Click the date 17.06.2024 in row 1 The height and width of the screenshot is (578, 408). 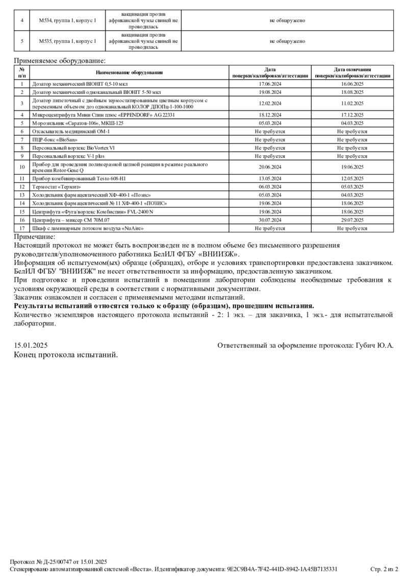coord(270,84)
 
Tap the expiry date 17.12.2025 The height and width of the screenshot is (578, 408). coord(352,115)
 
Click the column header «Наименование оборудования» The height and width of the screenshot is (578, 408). coord(129,73)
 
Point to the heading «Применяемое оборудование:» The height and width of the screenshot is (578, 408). coord(59,61)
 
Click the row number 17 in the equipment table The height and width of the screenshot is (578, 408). coord(22,228)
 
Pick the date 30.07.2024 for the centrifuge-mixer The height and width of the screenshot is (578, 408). coord(270,220)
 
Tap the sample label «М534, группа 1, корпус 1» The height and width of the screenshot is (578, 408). coord(67,20)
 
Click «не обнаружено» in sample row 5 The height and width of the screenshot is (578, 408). coord(288,41)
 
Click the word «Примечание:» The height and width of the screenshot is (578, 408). coord(35,236)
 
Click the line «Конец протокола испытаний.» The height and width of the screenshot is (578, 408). coord(66,354)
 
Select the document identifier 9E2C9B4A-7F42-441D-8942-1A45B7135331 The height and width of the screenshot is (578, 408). coord(282,569)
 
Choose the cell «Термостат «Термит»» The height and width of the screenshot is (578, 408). coord(57,187)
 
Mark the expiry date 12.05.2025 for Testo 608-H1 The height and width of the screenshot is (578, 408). coord(352,179)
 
